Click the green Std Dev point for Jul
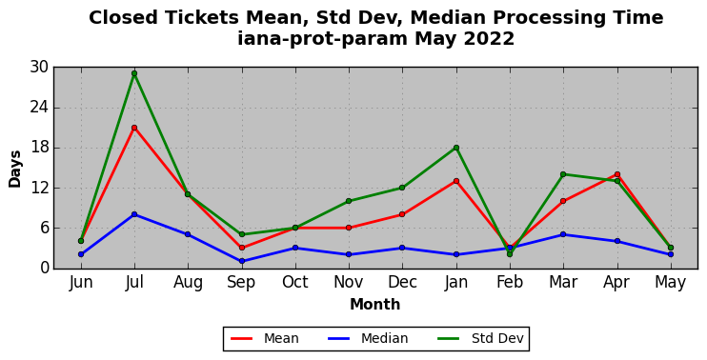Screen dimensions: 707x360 134,73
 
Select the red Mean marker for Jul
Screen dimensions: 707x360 134,128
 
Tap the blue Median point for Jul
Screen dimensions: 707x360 134,214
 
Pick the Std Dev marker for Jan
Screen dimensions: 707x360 456,148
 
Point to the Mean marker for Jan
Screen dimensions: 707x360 456,181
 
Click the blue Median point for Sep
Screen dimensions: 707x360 242,261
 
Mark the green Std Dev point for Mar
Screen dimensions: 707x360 563,174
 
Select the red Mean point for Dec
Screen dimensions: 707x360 402,214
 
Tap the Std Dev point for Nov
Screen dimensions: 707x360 349,201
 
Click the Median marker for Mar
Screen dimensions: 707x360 563,234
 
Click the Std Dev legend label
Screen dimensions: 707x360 497,338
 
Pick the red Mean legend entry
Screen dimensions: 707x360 265,338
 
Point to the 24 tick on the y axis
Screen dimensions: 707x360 39,108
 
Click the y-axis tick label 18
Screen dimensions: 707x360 39,148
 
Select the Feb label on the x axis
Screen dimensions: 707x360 510,283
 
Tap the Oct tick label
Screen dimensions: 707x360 295,283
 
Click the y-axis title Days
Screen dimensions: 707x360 15,169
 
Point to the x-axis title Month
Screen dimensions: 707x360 375,305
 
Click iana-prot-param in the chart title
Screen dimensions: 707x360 323,39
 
